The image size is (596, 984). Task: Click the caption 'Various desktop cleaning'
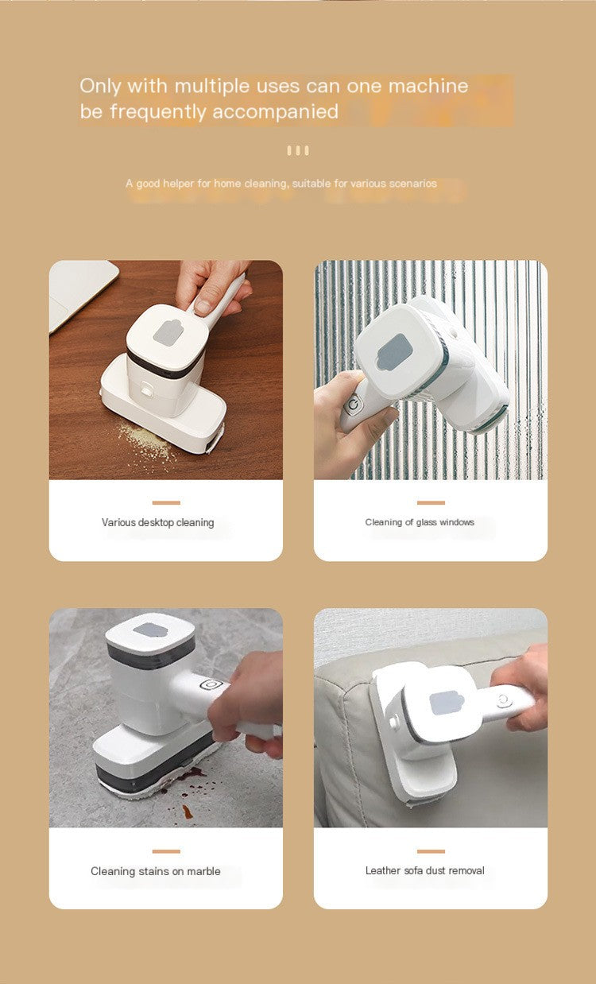(x=157, y=523)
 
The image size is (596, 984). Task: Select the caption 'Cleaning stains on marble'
(x=156, y=871)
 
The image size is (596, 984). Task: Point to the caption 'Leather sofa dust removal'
(x=424, y=870)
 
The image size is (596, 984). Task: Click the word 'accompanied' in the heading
(x=275, y=112)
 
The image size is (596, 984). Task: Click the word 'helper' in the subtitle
(x=178, y=184)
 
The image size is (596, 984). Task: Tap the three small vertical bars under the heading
(x=298, y=150)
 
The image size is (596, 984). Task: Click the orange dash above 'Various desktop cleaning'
(x=166, y=502)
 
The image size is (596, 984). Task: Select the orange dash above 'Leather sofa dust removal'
(x=431, y=850)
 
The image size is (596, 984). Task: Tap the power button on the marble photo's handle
(x=210, y=684)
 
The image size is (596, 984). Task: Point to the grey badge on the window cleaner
(x=393, y=351)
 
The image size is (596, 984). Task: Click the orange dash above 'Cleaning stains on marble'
(x=166, y=850)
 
